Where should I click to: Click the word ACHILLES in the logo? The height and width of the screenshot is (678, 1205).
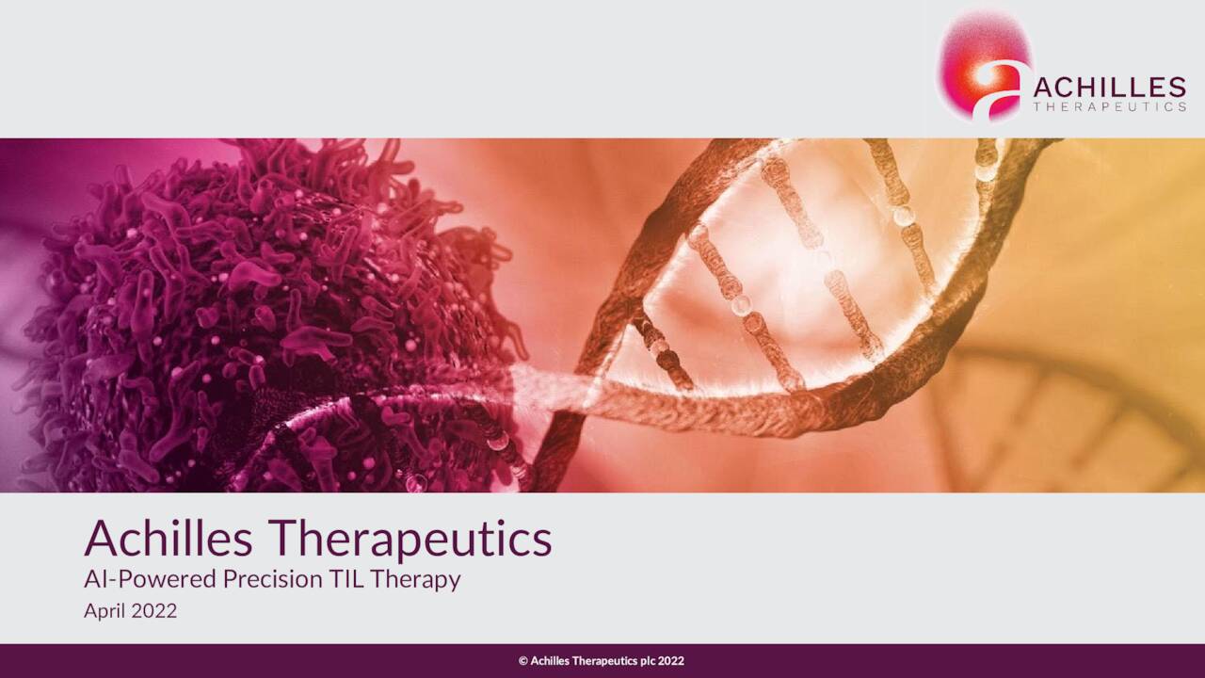point(1109,88)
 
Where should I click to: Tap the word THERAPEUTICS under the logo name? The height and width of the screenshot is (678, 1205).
point(1109,106)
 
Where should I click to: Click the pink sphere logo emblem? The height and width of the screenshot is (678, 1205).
point(985,65)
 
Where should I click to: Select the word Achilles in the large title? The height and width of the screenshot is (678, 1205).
point(169,538)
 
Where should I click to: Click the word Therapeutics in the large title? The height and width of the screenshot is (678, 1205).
point(411,541)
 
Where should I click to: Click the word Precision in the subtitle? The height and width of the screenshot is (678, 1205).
point(273,579)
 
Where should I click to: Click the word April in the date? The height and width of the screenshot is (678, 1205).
point(104,612)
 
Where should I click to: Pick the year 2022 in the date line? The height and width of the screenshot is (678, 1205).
point(153,611)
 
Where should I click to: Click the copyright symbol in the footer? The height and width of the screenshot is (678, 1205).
point(522,661)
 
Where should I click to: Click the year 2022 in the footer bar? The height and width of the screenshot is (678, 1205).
point(671,661)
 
